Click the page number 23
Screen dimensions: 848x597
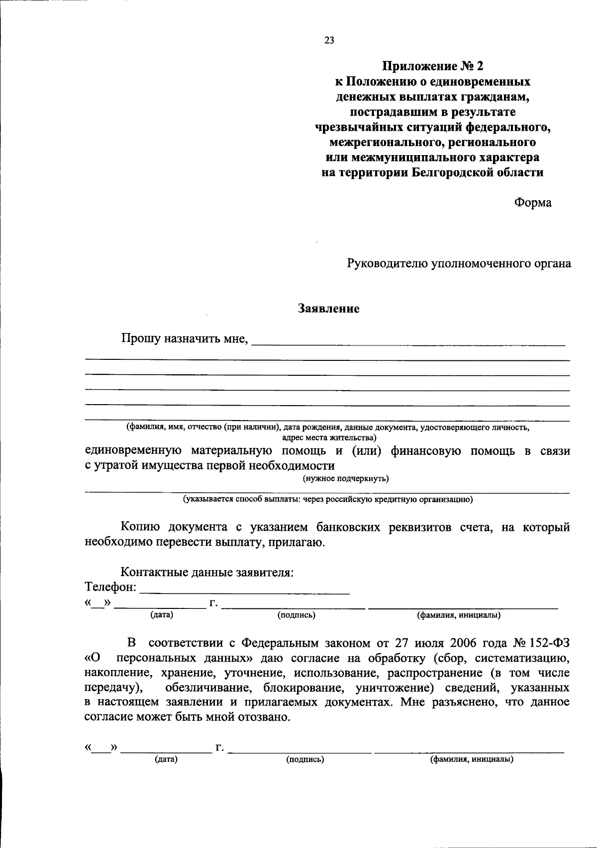329,41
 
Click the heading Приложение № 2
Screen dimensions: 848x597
432,66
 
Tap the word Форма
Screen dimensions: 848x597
533,203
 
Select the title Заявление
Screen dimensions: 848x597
328,309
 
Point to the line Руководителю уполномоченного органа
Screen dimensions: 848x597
459,263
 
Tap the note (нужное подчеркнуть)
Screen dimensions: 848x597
346,479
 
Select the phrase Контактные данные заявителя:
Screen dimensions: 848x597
207,572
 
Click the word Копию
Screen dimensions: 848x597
140,527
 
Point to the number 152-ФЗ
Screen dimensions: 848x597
549,643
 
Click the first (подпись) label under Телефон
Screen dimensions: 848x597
296,615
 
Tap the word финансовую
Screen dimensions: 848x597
426,451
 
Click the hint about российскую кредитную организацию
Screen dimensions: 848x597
327,500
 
